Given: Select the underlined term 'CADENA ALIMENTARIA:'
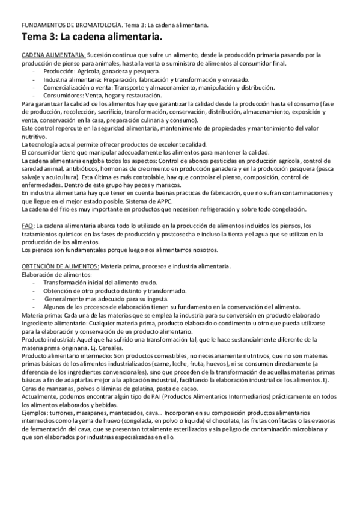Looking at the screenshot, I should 53,55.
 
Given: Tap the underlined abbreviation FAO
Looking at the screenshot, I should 26,225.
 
